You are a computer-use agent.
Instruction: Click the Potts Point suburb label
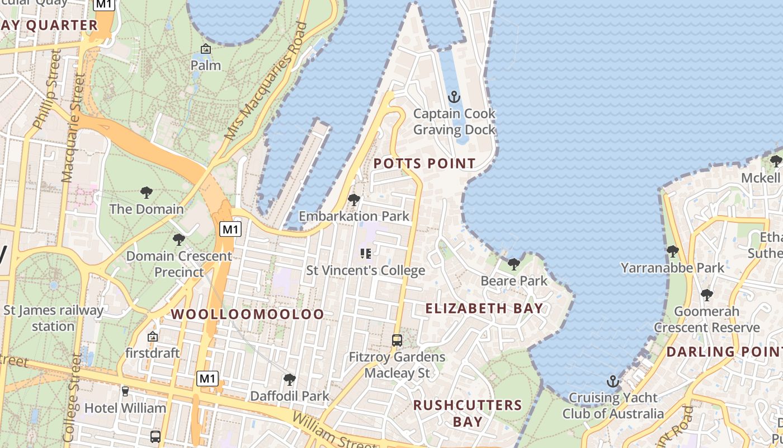tap(424, 164)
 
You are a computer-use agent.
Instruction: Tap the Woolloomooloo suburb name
tap(247, 314)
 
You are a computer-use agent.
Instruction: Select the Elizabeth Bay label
tap(484, 308)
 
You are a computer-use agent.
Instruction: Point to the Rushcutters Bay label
tap(468, 413)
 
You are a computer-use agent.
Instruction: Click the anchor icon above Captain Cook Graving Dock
tap(454, 97)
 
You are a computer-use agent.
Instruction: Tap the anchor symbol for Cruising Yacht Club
tap(613, 382)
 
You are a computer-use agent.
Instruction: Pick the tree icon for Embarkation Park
tap(353, 199)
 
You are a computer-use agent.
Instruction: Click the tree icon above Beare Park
tap(513, 264)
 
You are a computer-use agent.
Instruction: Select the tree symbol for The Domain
tap(147, 193)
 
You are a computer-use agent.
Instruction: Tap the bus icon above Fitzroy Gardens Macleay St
tap(397, 340)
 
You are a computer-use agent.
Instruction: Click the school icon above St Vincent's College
tap(366, 254)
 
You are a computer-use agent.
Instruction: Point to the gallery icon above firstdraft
tap(152, 337)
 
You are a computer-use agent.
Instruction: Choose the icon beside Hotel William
tap(125, 391)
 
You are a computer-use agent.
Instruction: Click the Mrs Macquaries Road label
tap(266, 81)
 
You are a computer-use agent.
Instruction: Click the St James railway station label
tap(53, 318)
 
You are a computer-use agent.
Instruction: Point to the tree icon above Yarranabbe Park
tap(672, 251)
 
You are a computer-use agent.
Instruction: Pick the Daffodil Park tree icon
tap(289, 380)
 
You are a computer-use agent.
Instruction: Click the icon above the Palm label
tap(206, 49)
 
